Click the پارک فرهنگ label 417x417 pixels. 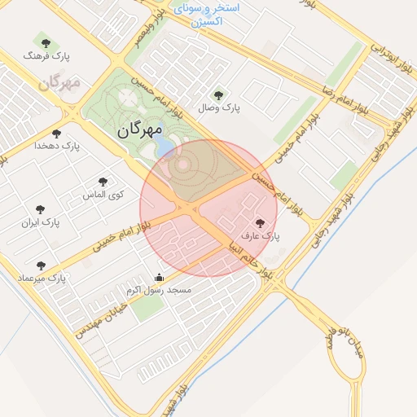coord(48,57)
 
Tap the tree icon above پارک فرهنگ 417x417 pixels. coord(44,41)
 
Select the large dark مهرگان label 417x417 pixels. coord(140,129)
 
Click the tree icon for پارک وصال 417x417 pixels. coord(217,94)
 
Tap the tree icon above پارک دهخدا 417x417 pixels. coord(56,133)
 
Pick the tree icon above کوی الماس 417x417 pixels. coord(102,182)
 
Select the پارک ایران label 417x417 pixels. coord(42,222)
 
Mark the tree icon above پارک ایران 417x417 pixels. coord(40,209)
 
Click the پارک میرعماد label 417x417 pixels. coord(46,278)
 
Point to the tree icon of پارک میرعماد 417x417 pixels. coord(41,265)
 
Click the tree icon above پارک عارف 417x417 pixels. coord(261,222)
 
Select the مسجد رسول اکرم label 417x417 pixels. coord(159,290)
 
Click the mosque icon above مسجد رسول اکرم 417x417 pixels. coord(158,277)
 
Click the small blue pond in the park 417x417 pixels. coord(165,144)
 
